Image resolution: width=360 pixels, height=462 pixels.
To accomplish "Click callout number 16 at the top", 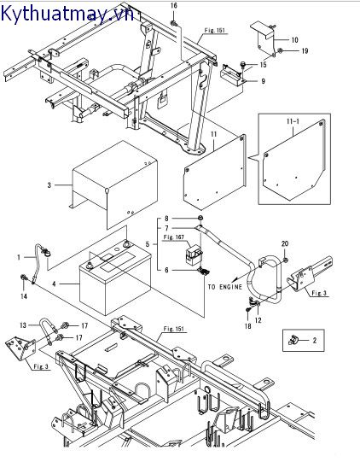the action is pyautogui.click(x=174, y=6).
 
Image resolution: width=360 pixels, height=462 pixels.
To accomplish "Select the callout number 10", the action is pyautogui.click(x=294, y=40).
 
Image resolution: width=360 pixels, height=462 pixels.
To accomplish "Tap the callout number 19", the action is pyautogui.click(x=305, y=50).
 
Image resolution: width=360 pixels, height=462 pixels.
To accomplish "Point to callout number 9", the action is pyautogui.click(x=263, y=81).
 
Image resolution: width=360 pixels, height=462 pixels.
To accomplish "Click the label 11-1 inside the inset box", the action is pyautogui.click(x=293, y=121).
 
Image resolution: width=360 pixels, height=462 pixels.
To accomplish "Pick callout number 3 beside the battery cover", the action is pyautogui.click(x=49, y=185).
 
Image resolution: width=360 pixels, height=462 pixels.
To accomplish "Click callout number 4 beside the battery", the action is pyautogui.click(x=54, y=284).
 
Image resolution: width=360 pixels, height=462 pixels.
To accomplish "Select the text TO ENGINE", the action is pyautogui.click(x=225, y=287).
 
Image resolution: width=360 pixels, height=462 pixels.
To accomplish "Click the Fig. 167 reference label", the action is pyautogui.click(x=174, y=237).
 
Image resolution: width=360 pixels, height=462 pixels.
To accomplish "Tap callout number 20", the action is pyautogui.click(x=285, y=243).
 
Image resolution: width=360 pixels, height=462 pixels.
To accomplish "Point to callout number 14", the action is pyautogui.click(x=24, y=296).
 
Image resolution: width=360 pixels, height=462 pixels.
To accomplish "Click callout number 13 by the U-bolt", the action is pyautogui.click(x=23, y=325).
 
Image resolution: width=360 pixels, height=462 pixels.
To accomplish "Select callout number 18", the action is pyautogui.click(x=248, y=326).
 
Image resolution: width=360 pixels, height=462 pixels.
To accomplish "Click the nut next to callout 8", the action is pyautogui.click(x=200, y=218).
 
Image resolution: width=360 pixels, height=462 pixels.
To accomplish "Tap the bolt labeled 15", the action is pyautogui.click(x=243, y=64).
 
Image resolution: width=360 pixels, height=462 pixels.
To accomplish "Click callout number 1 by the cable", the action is pyautogui.click(x=19, y=258).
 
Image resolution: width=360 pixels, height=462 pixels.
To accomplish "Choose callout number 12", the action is pyautogui.click(x=258, y=320).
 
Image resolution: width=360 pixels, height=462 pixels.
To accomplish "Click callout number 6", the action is pyautogui.click(x=166, y=270).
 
